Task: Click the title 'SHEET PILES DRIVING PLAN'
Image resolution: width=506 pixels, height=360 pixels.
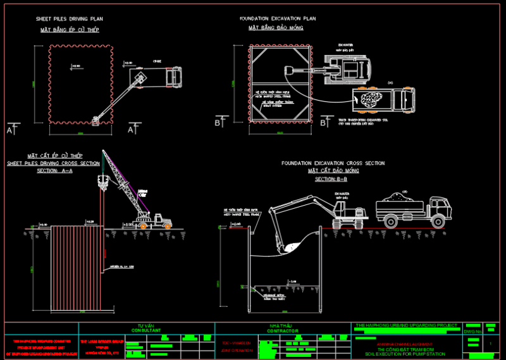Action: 70,19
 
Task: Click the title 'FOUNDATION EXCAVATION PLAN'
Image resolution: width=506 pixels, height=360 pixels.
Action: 278,18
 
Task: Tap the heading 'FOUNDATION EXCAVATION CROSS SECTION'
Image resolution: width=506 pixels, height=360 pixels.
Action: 333,163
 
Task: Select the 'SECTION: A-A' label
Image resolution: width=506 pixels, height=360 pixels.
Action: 54,171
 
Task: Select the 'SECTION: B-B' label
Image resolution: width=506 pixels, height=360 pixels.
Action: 331,179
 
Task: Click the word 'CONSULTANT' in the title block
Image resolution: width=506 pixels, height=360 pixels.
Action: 146,330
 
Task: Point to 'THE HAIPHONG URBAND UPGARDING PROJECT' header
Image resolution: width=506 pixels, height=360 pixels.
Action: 407,325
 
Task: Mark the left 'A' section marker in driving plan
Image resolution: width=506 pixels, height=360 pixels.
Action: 10,129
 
